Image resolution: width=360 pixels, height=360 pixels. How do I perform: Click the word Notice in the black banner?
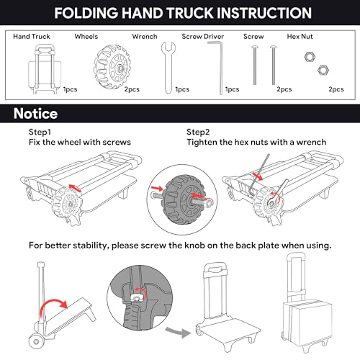pos(35,114)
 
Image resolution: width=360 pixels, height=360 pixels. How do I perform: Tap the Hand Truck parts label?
pos(32,37)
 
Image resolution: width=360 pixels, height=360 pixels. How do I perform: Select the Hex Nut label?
pos(300,37)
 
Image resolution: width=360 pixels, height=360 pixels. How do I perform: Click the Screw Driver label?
pos(203,37)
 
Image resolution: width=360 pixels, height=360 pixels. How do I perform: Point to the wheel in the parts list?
pos(112,66)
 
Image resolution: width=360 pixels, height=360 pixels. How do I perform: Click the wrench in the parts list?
pos(168,68)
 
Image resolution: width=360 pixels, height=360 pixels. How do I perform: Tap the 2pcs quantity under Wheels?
pos(132,89)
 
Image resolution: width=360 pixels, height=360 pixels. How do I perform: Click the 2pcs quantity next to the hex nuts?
pos(336,89)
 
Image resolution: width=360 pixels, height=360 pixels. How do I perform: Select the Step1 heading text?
pos(40,132)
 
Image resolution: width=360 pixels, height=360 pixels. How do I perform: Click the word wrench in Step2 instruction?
pos(311,142)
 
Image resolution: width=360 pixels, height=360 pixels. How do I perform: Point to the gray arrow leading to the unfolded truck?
pos(179,332)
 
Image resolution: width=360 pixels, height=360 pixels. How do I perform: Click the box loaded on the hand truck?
pos(307,322)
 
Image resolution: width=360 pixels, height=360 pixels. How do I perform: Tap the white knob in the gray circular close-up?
pos(138,297)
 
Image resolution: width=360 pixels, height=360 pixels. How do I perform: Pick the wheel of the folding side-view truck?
pos(37,341)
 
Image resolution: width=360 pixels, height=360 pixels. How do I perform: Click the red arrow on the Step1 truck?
pos(75,188)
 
